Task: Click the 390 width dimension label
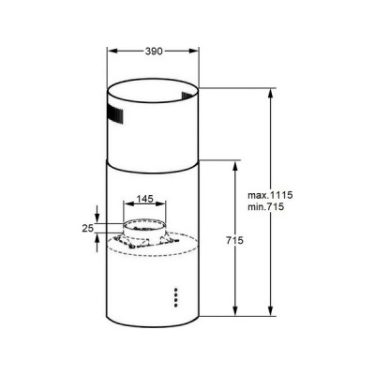point(152,53)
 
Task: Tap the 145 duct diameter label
point(145,199)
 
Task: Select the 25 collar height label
point(87,228)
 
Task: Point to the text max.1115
point(270,194)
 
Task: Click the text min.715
point(266,206)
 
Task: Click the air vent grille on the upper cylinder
point(113,117)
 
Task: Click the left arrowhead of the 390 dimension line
point(109,53)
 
